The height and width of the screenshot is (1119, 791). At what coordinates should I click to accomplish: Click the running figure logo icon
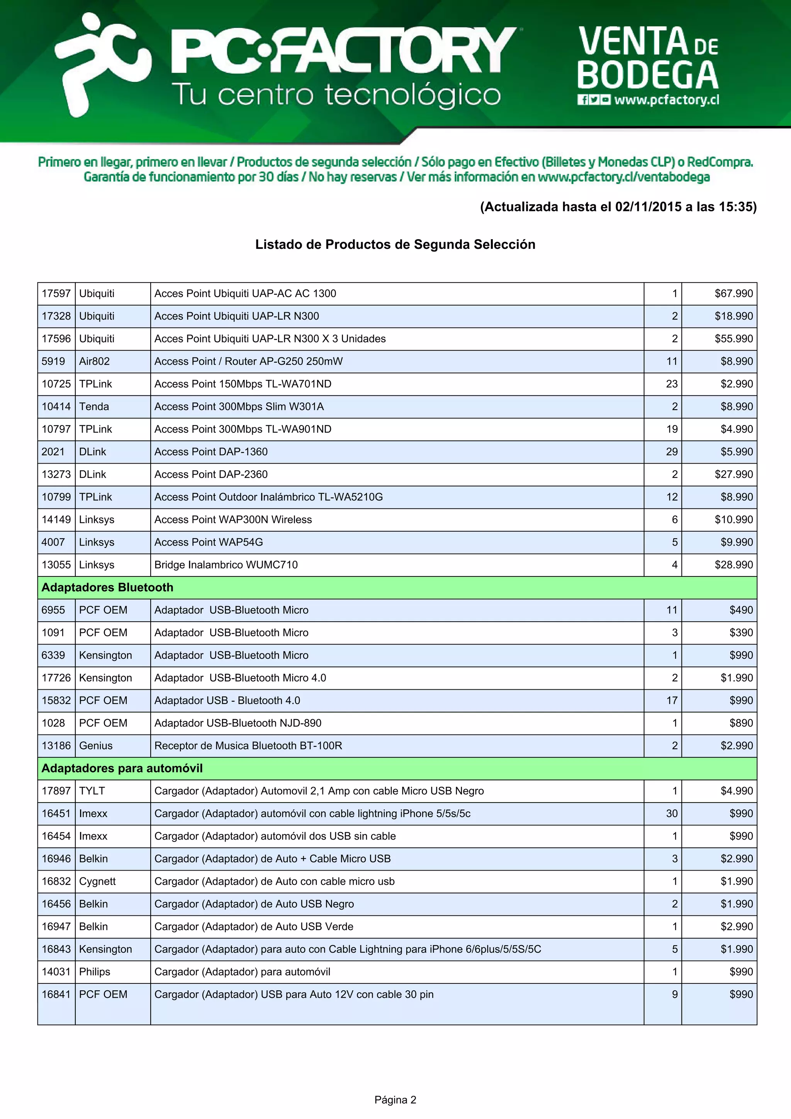[x=100, y=66]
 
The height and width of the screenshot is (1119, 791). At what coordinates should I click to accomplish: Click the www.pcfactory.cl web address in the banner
[x=666, y=100]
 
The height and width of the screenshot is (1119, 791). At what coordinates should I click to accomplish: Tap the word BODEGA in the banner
[x=648, y=76]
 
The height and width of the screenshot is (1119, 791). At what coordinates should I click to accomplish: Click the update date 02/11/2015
[x=648, y=207]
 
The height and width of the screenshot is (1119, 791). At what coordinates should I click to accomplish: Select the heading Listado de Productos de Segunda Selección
[x=395, y=244]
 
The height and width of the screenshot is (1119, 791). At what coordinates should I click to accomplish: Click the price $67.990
[x=733, y=293]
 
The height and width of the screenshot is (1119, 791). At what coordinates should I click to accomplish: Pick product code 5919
[x=53, y=361]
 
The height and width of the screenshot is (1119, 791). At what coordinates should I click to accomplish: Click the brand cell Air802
[x=95, y=361]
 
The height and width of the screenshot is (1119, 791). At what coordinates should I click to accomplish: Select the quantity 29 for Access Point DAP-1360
[x=671, y=452]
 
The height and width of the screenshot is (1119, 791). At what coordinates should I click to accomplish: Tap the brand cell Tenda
[x=94, y=406]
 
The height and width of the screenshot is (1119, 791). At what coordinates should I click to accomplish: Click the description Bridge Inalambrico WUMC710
[x=226, y=565]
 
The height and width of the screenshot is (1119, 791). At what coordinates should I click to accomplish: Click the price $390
[x=740, y=633]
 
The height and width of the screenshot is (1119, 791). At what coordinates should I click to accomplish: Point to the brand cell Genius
[x=95, y=746]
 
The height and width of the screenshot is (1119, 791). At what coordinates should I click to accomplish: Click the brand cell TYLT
[x=92, y=791]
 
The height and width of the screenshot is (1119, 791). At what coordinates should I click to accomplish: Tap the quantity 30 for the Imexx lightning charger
[x=671, y=813]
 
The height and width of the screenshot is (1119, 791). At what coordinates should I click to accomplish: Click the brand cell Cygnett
[x=97, y=881]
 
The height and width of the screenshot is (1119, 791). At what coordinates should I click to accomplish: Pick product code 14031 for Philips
[x=56, y=972]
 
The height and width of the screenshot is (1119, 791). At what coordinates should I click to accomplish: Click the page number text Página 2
[x=395, y=1100]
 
